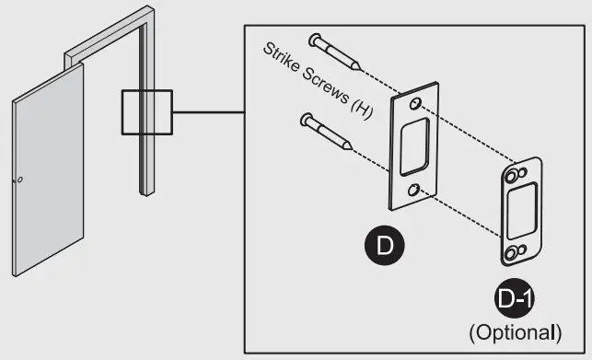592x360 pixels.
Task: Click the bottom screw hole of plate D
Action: click(x=416, y=189)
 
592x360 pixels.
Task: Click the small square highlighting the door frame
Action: click(x=147, y=113)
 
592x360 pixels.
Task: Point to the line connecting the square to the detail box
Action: click(x=208, y=113)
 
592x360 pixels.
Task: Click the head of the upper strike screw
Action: click(x=316, y=38)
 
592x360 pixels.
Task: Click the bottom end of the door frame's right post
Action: click(x=145, y=191)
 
